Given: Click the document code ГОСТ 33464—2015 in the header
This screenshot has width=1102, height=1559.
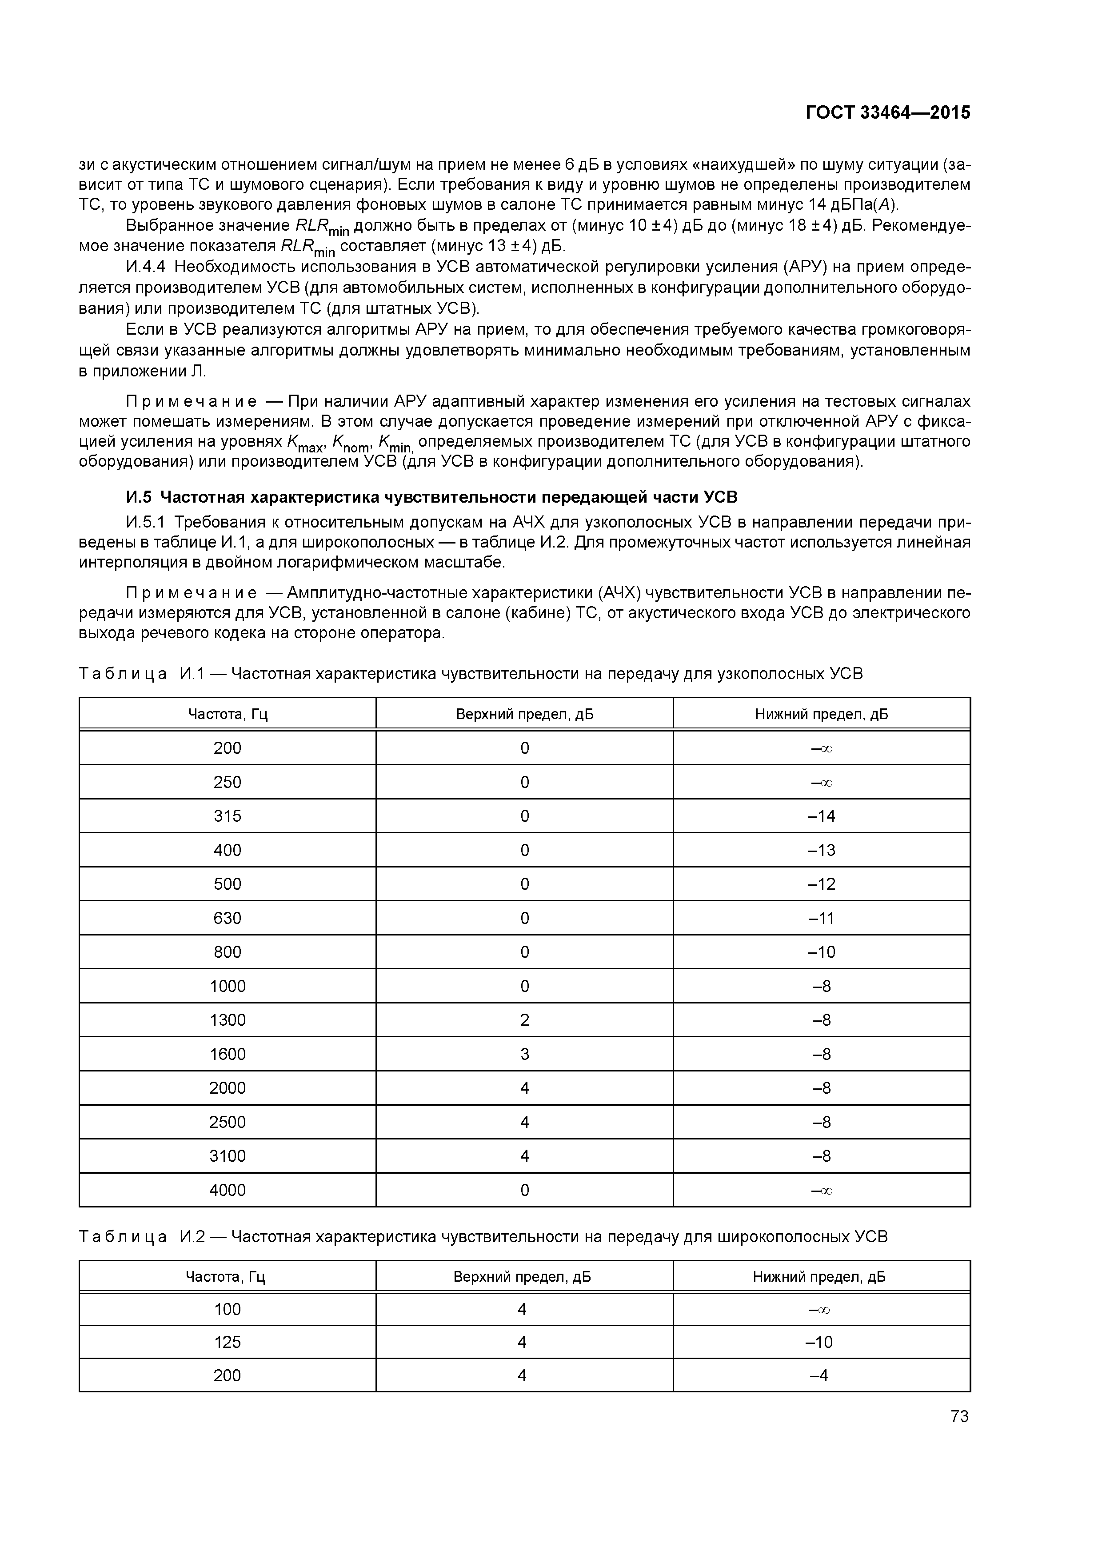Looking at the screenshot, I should coord(887,113).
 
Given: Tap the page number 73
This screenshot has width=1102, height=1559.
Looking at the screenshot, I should coord(959,1416).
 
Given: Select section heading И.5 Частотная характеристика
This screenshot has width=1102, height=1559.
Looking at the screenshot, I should coord(432,497).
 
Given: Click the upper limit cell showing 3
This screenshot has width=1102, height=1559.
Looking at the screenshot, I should coord(524,1054).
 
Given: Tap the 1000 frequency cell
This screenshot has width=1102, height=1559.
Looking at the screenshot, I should coord(228,986).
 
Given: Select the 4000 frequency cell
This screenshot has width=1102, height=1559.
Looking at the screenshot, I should coord(228,1190).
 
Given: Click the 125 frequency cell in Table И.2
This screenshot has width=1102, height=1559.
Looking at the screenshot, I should coord(228,1342).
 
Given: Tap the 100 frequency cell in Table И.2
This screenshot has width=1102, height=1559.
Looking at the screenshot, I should coord(228,1309).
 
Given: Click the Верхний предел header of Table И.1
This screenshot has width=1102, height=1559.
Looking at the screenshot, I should coord(524,714).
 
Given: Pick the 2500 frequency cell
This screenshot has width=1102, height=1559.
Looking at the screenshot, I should coord(228,1122).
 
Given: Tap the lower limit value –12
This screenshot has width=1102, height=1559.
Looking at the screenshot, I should coord(822,884).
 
